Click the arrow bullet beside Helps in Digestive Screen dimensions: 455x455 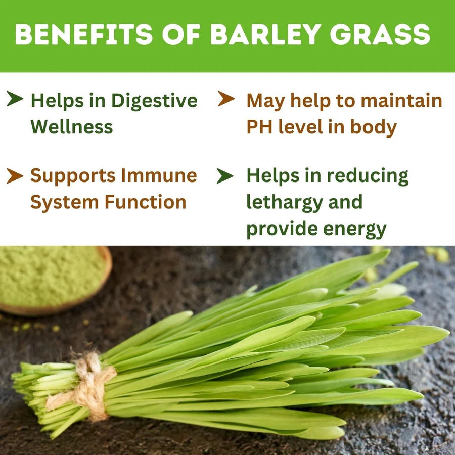click(x=15, y=99)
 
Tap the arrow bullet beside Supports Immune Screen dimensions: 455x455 click(x=15, y=176)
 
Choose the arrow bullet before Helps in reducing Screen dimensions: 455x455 click(x=225, y=176)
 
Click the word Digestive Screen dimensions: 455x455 click(x=154, y=101)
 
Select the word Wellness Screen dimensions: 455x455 click(x=72, y=127)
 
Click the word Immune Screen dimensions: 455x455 click(x=159, y=175)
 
